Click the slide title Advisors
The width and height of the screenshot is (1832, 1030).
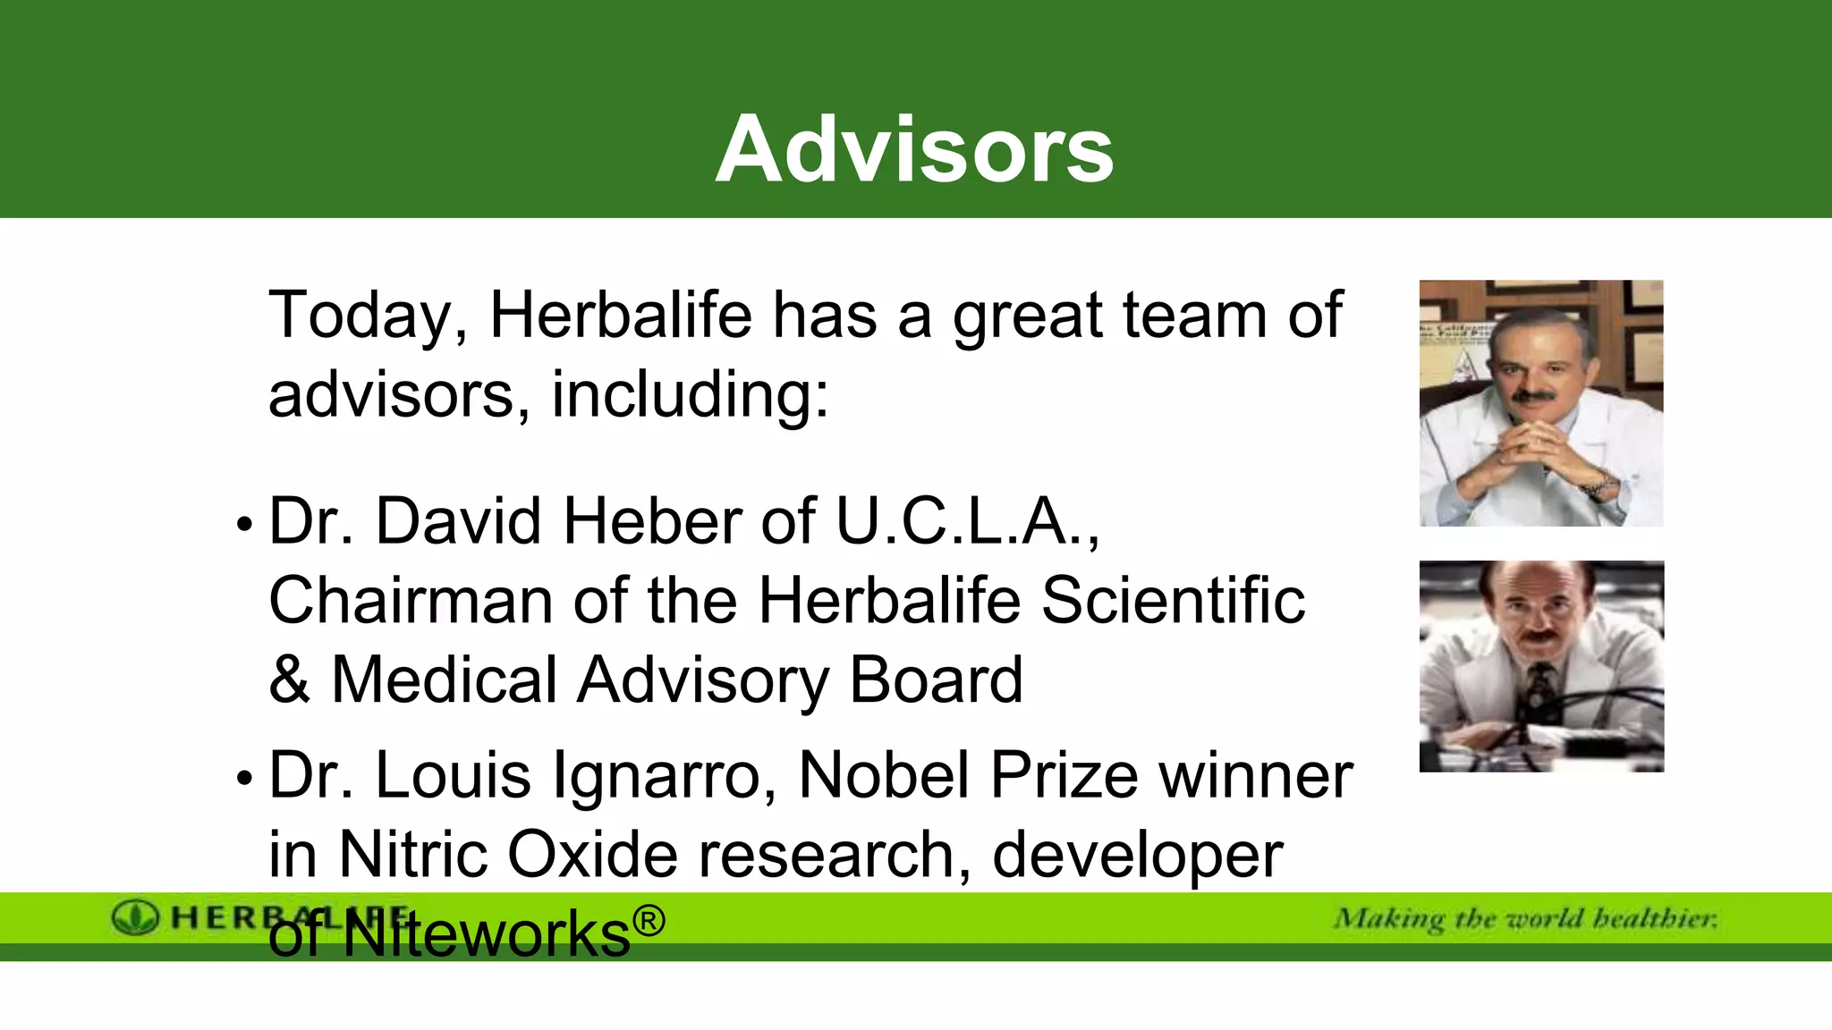[x=914, y=149]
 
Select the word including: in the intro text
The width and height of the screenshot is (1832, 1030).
[x=690, y=395]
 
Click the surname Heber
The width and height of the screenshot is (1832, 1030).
[x=652, y=521]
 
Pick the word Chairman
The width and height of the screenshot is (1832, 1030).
[x=411, y=601]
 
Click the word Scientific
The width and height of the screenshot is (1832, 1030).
[x=1173, y=601]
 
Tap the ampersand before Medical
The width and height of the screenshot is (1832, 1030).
[x=289, y=680]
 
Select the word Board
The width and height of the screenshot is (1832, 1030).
[x=936, y=680]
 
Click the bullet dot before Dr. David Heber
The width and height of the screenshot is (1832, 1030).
[x=244, y=526]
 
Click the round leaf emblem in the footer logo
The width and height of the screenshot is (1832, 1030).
[x=135, y=918]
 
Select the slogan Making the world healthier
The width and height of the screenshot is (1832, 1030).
[x=1525, y=919]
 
